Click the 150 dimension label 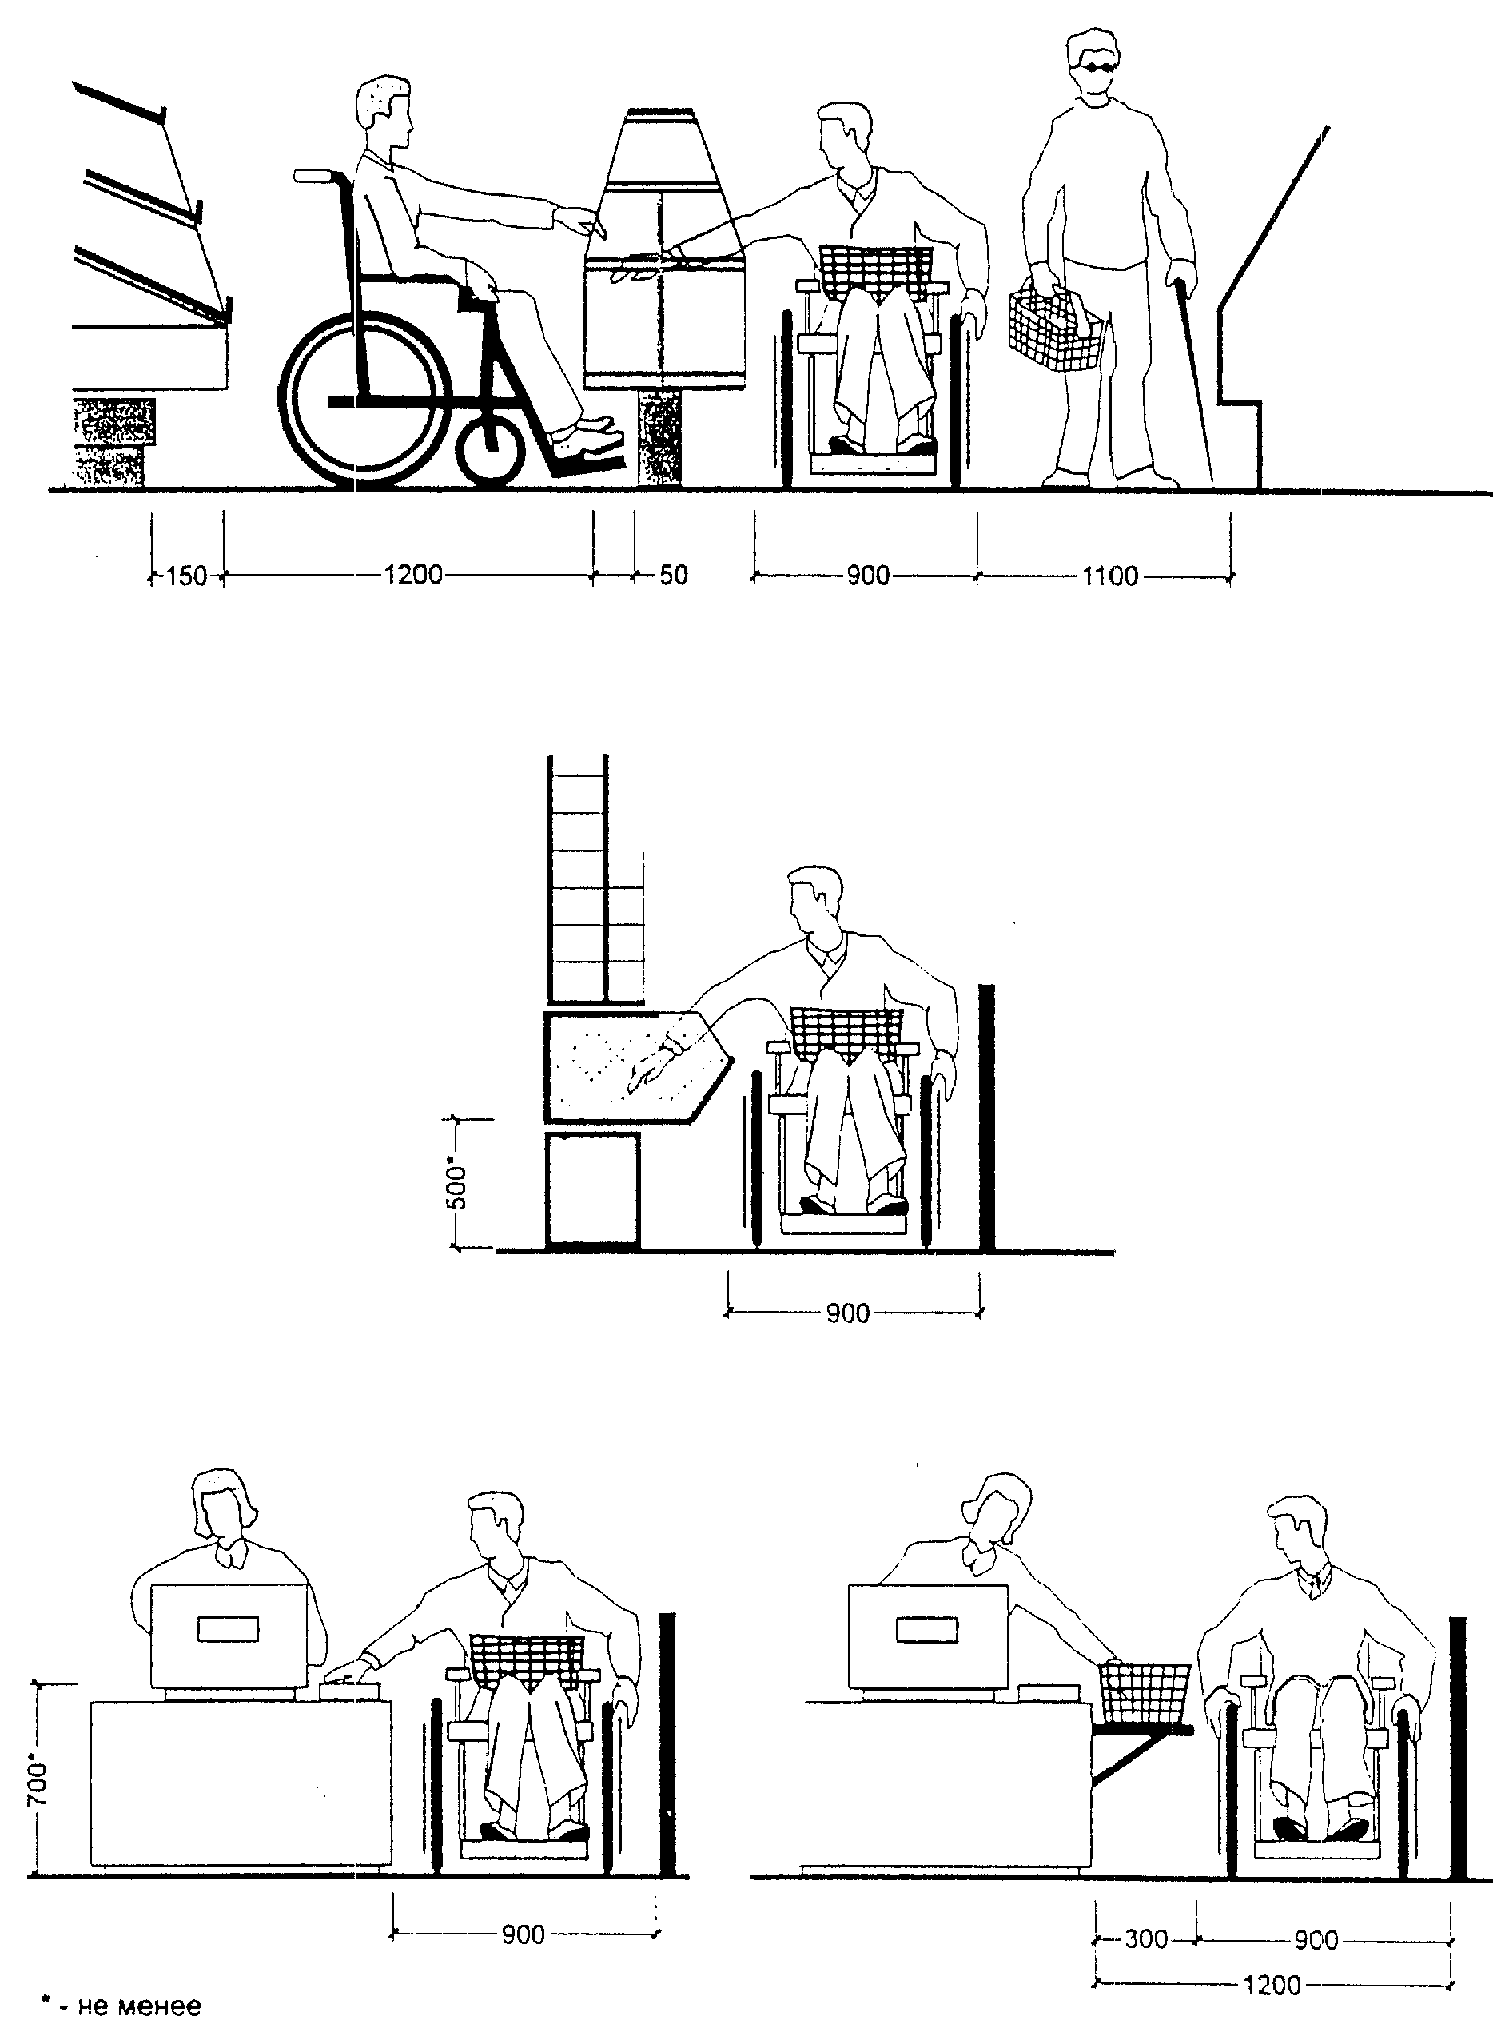(x=187, y=576)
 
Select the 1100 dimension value (x=1110, y=576)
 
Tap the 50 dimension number (x=673, y=575)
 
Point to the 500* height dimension (x=458, y=1187)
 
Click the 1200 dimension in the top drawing (x=413, y=575)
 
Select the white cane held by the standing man (x=1194, y=380)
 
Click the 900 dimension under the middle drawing (x=847, y=1313)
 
